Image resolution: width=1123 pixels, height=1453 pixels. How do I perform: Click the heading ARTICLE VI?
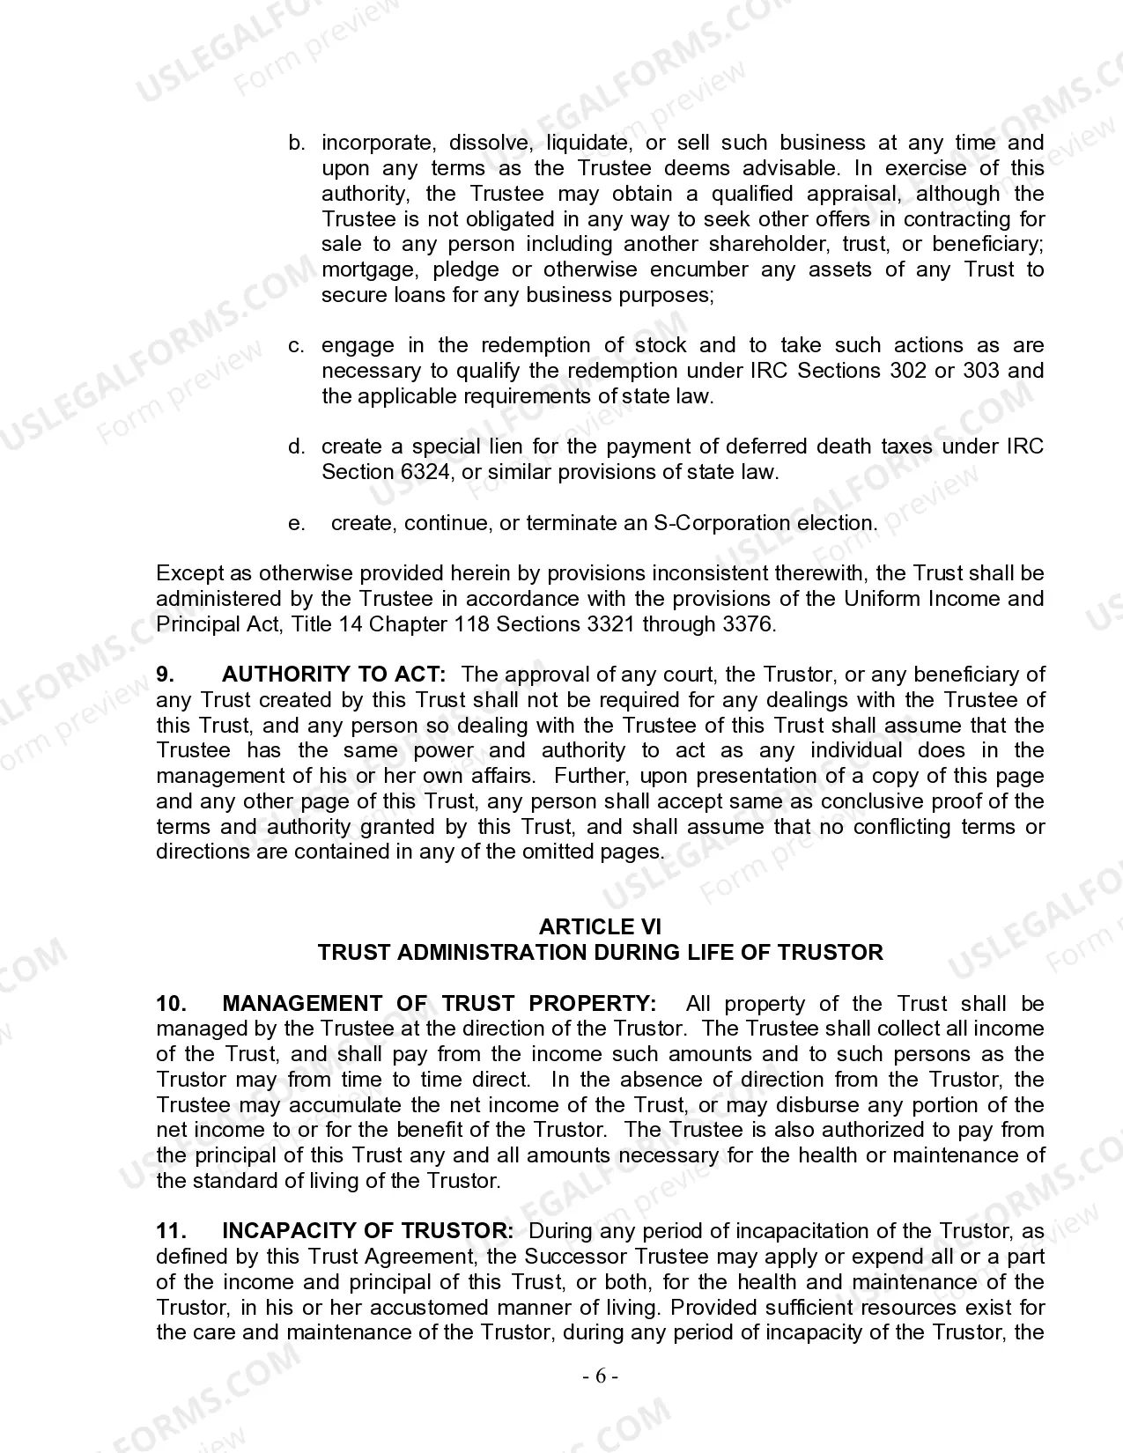pos(600,926)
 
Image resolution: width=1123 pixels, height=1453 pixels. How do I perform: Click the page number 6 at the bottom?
pos(601,1376)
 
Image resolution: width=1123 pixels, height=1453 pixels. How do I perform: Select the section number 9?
pos(165,675)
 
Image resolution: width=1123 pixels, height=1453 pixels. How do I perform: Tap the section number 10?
pos(171,1004)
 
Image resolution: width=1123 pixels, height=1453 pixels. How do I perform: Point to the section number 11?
pos(171,1231)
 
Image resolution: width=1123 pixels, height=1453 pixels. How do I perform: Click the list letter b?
pos(297,143)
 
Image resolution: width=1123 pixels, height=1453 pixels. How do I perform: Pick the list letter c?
pos(297,345)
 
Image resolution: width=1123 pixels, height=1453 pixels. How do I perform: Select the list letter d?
pos(297,446)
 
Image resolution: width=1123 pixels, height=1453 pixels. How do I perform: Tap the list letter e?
pos(297,524)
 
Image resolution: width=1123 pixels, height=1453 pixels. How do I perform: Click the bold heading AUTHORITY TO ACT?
pos(334,675)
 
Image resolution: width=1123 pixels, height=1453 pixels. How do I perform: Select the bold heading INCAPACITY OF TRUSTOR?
pos(367,1231)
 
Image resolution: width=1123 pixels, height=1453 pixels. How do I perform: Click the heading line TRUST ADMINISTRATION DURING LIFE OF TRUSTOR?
pos(600,953)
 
